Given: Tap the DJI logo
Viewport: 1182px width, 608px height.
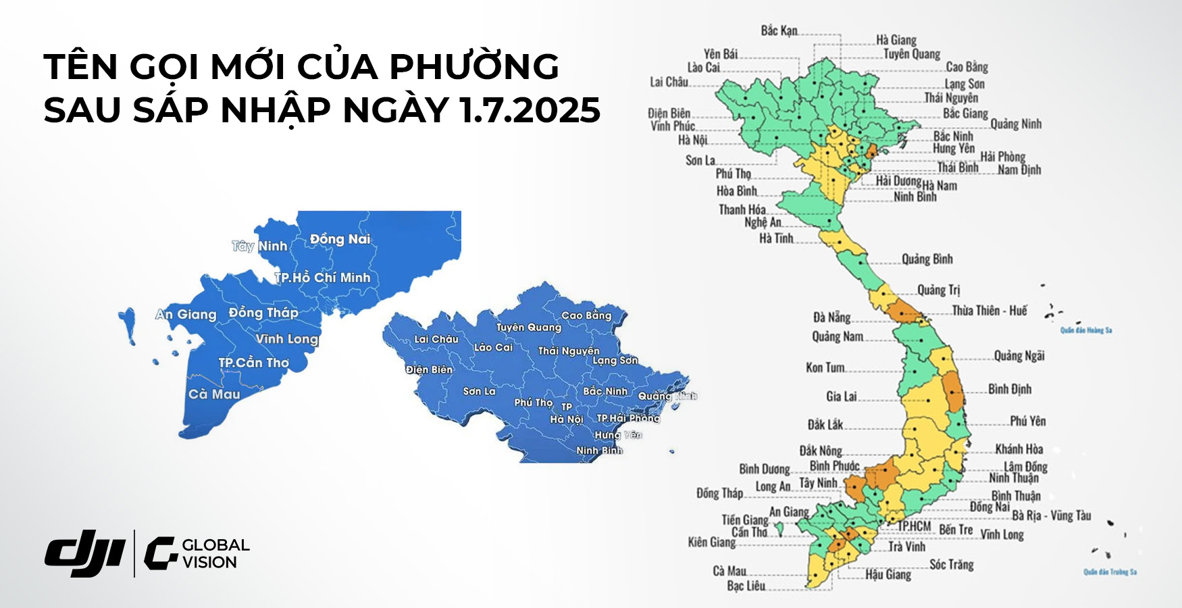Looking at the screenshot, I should (x=85, y=553).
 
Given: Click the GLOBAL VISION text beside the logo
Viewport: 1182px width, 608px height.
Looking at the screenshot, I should (x=215, y=553).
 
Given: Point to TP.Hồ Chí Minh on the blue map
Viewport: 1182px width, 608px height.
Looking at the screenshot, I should (x=323, y=278).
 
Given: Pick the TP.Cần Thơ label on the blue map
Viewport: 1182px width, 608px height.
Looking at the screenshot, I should (x=253, y=363).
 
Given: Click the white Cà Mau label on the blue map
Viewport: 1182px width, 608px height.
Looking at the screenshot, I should (x=214, y=395).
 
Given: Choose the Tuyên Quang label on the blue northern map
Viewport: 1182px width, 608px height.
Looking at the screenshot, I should (x=529, y=328).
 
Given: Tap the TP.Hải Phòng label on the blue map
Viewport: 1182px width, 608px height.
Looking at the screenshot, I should (x=627, y=418).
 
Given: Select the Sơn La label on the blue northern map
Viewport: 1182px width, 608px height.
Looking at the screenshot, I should (x=479, y=391).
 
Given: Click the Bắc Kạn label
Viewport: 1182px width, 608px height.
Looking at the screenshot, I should (x=779, y=30).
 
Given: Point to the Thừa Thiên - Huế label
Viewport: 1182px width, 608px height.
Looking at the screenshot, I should (x=990, y=311).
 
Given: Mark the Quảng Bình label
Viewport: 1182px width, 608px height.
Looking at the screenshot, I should (x=927, y=259).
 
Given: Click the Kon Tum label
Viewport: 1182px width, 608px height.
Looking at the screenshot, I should (x=825, y=368).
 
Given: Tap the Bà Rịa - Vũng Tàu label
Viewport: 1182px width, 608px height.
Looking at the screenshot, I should (x=1051, y=515).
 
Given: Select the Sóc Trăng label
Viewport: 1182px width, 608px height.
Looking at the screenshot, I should (x=951, y=564).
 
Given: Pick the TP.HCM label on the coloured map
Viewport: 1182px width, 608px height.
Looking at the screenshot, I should (x=914, y=526).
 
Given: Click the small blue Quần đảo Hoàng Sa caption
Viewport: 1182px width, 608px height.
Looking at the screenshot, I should (x=1085, y=330).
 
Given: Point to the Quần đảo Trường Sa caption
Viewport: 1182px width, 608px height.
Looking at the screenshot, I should (x=1110, y=572).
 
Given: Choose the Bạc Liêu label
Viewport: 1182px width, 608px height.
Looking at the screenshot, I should (x=746, y=586).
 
